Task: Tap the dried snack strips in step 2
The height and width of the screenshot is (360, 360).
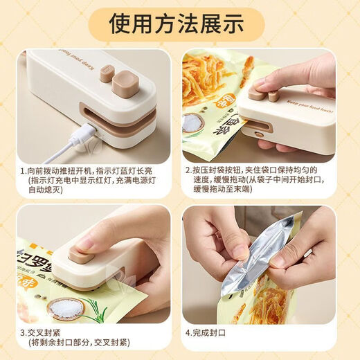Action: [215, 73]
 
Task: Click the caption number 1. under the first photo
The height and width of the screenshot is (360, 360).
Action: [23, 170]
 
